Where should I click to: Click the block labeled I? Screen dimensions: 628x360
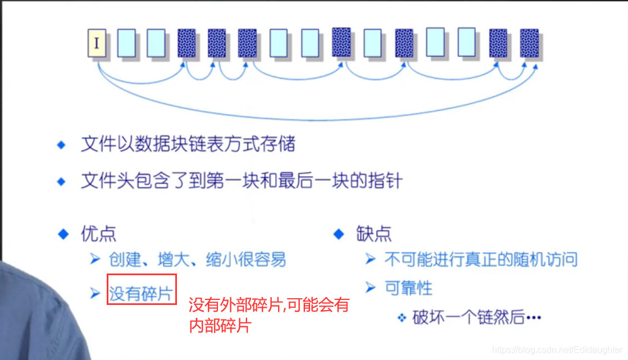coord(97,43)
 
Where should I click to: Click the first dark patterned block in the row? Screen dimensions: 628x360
coord(186,43)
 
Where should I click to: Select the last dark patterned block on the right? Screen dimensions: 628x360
coord(529,43)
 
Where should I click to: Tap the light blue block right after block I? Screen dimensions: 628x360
coord(126,43)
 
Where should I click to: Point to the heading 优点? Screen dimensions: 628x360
coord(99,234)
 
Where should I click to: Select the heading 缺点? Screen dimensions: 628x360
coord(374,234)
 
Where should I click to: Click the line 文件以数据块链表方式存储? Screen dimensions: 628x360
coord(188,145)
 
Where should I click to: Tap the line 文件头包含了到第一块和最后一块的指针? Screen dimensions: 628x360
coord(242,181)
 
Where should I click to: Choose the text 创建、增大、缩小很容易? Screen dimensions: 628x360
coord(197,259)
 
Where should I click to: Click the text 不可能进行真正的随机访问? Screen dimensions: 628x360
coord(480,259)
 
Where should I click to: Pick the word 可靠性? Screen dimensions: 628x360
coord(408,288)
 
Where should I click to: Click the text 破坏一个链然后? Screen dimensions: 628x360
coord(468,317)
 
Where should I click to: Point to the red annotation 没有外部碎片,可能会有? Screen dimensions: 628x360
coord(269,306)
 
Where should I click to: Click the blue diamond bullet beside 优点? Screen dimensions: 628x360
coord(62,234)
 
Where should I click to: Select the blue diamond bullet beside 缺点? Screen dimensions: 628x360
coord(338,234)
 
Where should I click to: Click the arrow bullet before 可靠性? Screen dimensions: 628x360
coord(370,288)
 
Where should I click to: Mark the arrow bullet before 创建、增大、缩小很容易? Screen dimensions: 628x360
coord(95,259)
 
